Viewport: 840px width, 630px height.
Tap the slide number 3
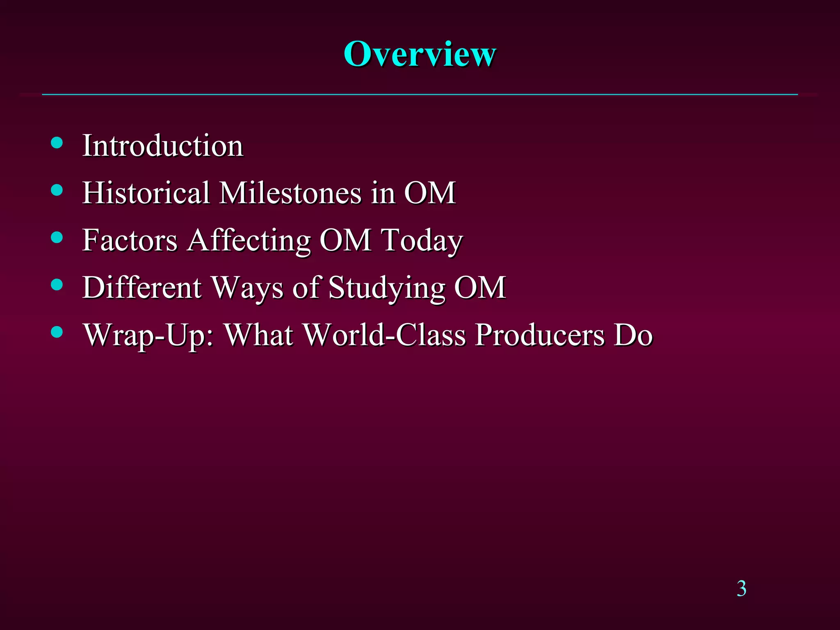(x=741, y=588)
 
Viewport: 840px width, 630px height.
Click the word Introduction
(x=163, y=146)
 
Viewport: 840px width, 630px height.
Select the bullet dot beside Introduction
(x=57, y=143)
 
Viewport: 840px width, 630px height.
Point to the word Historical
(x=146, y=192)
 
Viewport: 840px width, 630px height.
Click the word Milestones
(x=290, y=192)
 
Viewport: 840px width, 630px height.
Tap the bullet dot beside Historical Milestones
(x=57, y=190)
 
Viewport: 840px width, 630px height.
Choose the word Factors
(x=130, y=240)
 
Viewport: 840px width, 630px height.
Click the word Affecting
(x=249, y=241)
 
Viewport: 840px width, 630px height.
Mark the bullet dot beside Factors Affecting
(x=57, y=237)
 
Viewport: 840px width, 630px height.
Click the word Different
(x=142, y=287)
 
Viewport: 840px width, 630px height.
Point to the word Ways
(x=247, y=288)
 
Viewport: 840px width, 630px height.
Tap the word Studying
(x=387, y=288)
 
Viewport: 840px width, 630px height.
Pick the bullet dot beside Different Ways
(x=57, y=284)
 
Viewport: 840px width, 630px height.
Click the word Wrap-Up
(x=148, y=335)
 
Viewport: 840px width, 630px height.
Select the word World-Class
(x=384, y=334)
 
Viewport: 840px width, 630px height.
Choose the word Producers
(x=539, y=334)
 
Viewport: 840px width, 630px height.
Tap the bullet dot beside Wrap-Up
(x=57, y=331)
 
